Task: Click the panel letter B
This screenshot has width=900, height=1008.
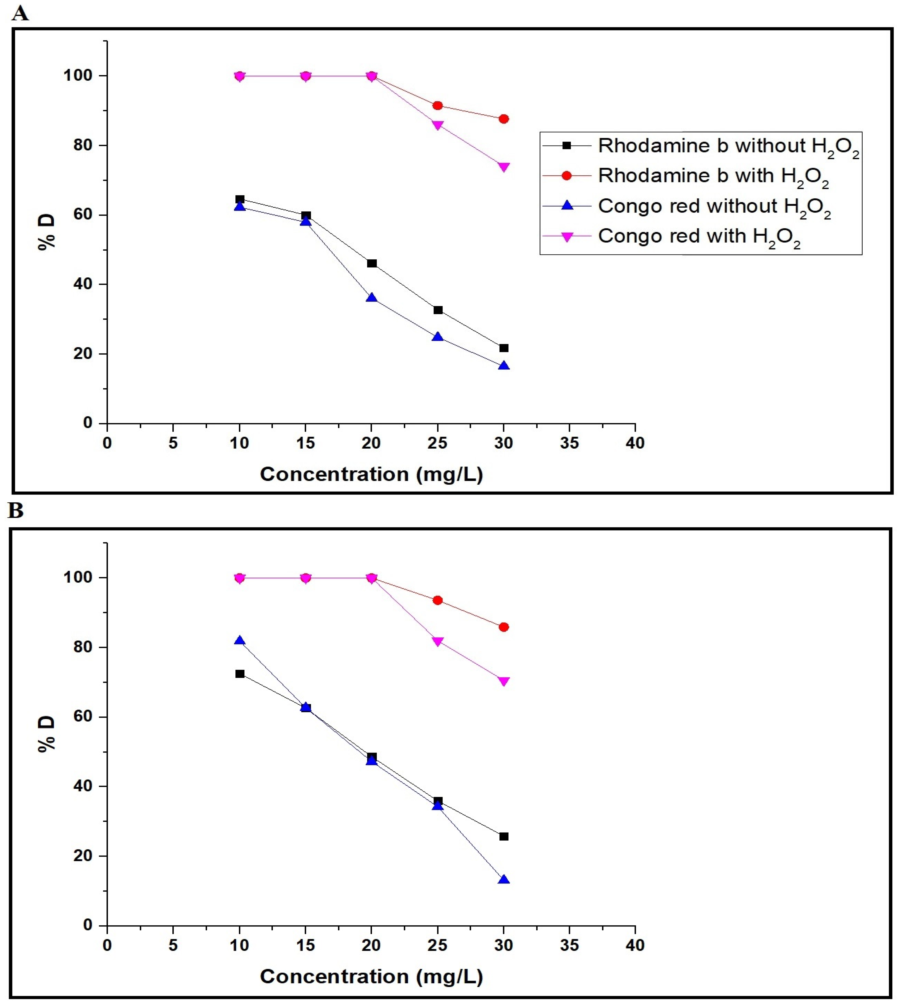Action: [16, 510]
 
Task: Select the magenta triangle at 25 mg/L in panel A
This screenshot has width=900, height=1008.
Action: [437, 125]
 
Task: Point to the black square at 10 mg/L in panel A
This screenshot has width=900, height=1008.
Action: [240, 199]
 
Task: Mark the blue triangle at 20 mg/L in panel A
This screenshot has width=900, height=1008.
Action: [371, 298]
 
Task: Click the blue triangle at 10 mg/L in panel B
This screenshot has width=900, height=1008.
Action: [240, 641]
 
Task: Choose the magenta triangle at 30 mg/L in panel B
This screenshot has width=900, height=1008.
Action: [503, 681]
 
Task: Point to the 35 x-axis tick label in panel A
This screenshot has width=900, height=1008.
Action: [569, 443]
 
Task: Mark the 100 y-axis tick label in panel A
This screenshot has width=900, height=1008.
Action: [78, 76]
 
